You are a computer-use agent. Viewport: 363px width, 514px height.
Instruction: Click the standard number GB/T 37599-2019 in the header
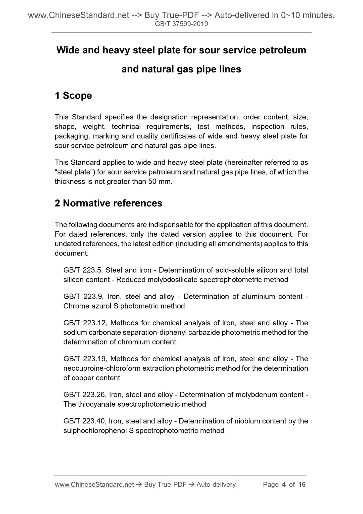pos(181,24)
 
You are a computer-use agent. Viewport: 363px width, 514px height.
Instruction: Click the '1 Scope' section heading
pos(73,96)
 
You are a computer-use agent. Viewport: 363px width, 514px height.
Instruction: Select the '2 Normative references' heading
pos(109,203)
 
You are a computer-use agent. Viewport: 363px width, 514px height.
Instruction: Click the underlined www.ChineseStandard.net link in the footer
pos(94,484)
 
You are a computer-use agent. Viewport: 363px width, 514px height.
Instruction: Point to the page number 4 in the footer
pos(284,484)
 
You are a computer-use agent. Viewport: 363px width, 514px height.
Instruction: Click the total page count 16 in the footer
pos(302,484)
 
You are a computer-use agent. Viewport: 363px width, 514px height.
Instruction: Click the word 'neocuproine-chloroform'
pos(101,368)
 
